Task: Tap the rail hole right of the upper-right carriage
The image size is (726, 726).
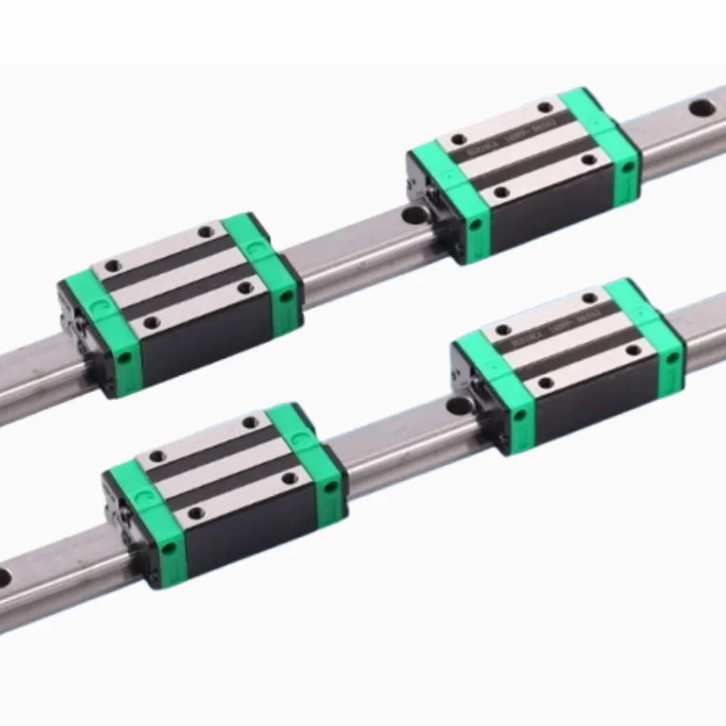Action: (x=701, y=106)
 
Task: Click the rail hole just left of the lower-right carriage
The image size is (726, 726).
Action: (x=458, y=405)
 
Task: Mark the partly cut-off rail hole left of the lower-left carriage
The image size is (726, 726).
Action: (x=3, y=577)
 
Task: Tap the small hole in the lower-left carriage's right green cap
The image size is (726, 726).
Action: (x=330, y=487)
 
